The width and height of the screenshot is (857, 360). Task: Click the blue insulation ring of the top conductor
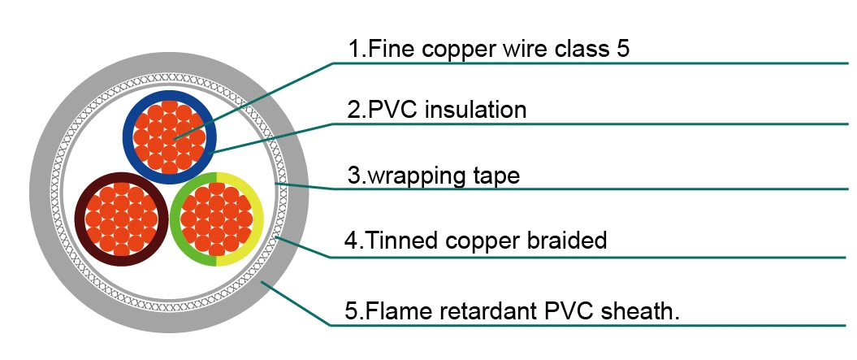(x=128, y=137)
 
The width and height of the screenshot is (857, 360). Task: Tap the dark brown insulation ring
(x=80, y=219)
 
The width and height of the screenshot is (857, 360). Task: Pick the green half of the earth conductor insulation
(x=175, y=219)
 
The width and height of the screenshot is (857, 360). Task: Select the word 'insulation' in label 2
(x=475, y=110)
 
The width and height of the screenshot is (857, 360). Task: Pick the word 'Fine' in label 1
(x=392, y=49)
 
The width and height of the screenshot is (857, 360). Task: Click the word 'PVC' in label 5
(x=570, y=311)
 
